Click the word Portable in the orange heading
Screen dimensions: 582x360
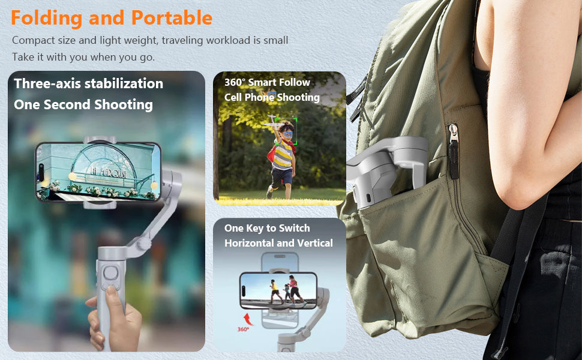172,17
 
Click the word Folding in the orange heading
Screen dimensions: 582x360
47,19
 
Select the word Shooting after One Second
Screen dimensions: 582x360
124,105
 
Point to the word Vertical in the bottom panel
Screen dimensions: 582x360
315,243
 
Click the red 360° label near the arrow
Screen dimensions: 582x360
243,329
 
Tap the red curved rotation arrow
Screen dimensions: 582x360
248,319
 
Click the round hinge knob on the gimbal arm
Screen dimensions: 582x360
143,244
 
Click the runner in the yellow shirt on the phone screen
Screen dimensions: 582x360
275,291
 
